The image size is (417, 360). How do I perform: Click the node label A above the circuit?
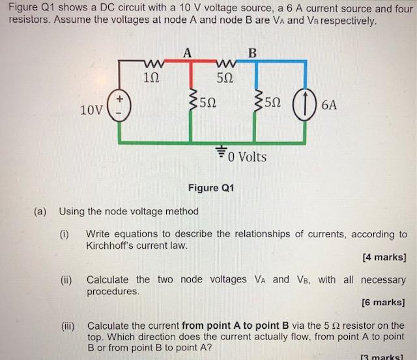click(x=187, y=53)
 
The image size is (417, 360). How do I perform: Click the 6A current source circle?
click(x=305, y=104)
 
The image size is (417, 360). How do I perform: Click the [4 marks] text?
click(x=384, y=257)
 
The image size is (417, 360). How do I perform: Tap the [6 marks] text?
click(x=384, y=302)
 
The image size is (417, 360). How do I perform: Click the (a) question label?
click(x=40, y=211)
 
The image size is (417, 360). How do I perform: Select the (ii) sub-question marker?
click(x=65, y=280)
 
